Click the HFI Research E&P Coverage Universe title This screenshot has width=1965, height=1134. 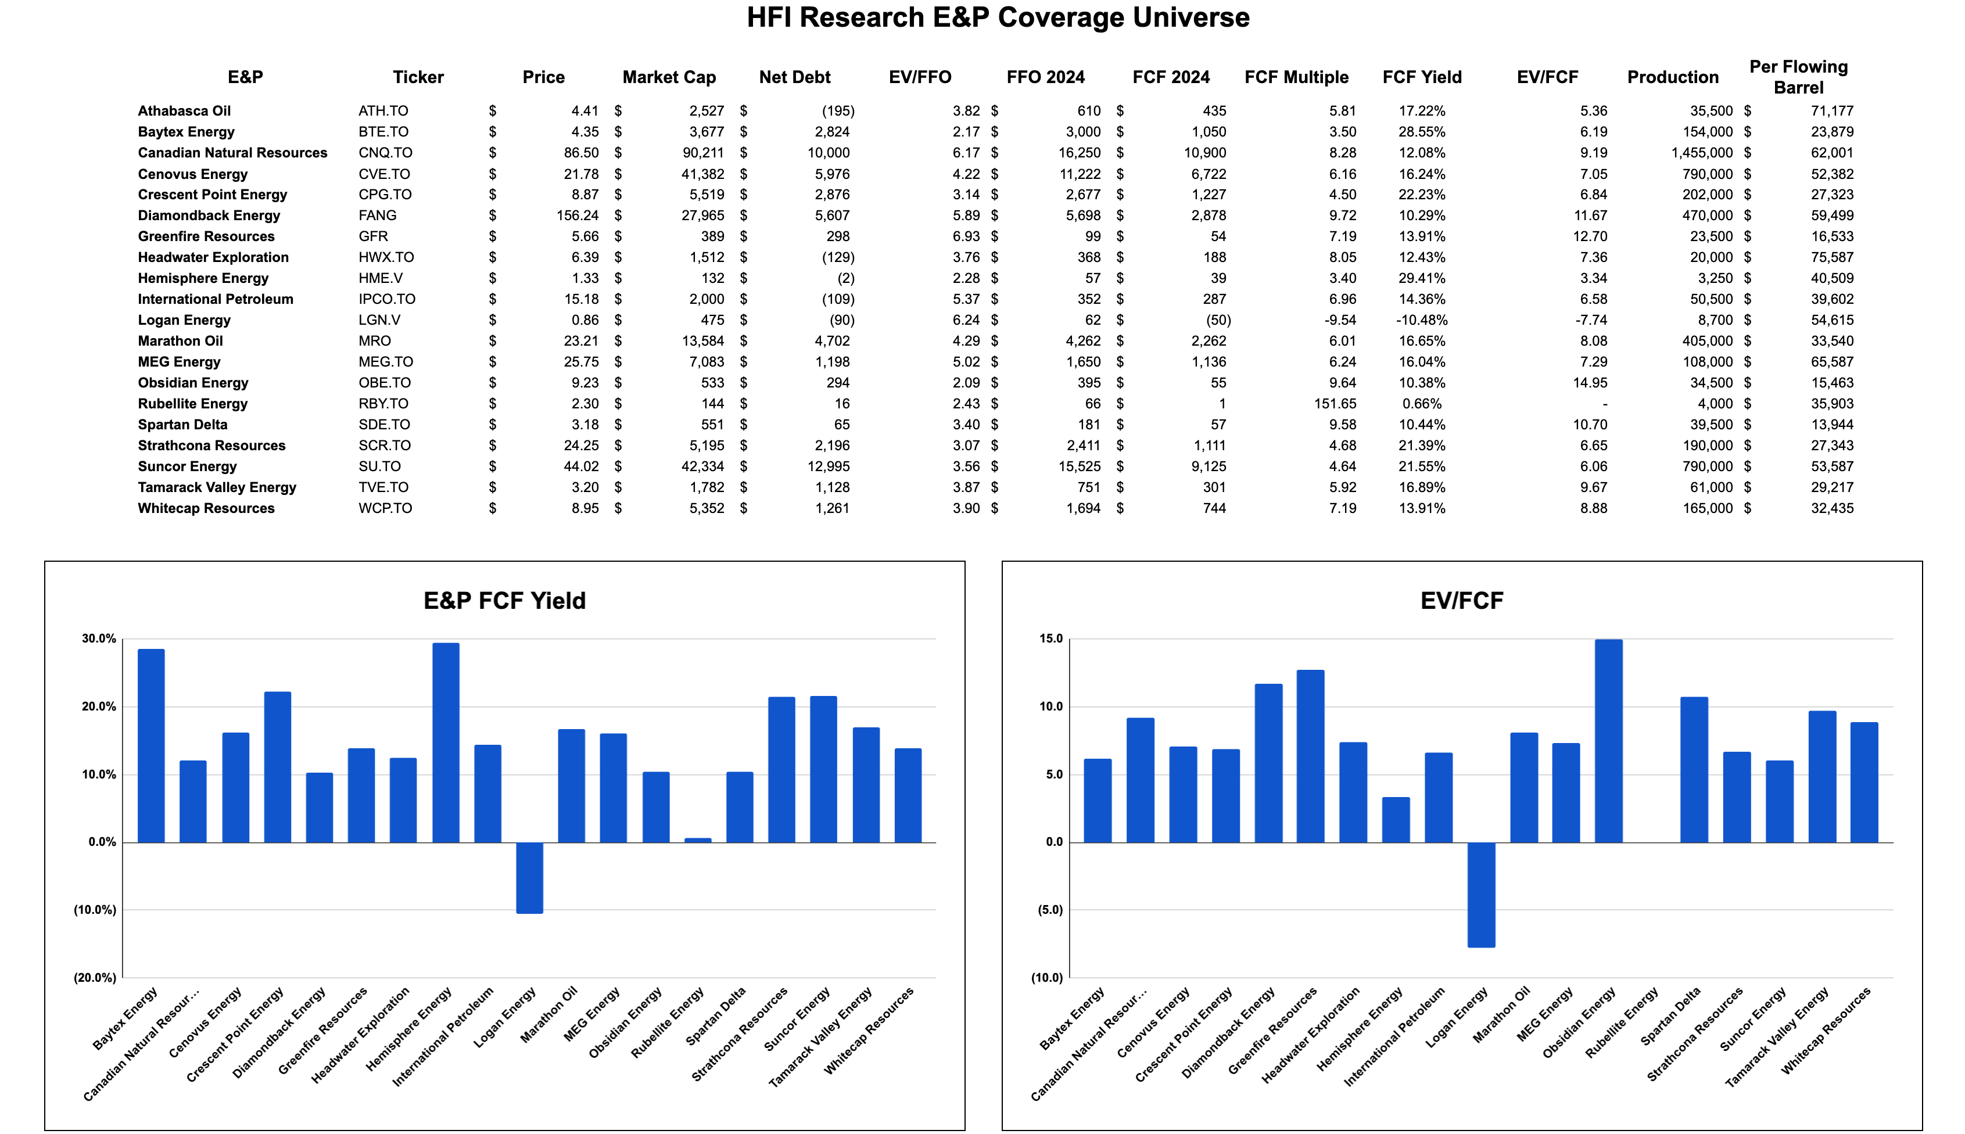point(998,17)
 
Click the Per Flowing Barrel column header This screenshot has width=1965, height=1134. point(1798,77)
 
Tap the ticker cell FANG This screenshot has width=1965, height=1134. point(377,215)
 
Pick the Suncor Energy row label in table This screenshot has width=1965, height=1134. point(187,466)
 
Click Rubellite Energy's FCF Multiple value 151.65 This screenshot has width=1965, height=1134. point(1335,403)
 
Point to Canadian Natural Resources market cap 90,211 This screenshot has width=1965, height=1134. point(702,153)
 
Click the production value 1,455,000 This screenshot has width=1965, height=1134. point(1701,153)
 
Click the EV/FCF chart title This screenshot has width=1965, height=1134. point(1461,601)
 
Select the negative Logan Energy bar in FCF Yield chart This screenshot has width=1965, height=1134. point(530,878)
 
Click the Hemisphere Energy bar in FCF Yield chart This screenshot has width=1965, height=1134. point(446,742)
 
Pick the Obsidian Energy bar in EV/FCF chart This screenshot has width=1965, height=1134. point(1608,741)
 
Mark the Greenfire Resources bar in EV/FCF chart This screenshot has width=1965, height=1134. point(1310,755)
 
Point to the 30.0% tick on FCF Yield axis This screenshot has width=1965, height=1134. point(99,638)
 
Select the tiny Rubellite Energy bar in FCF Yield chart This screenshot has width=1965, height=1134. point(698,839)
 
